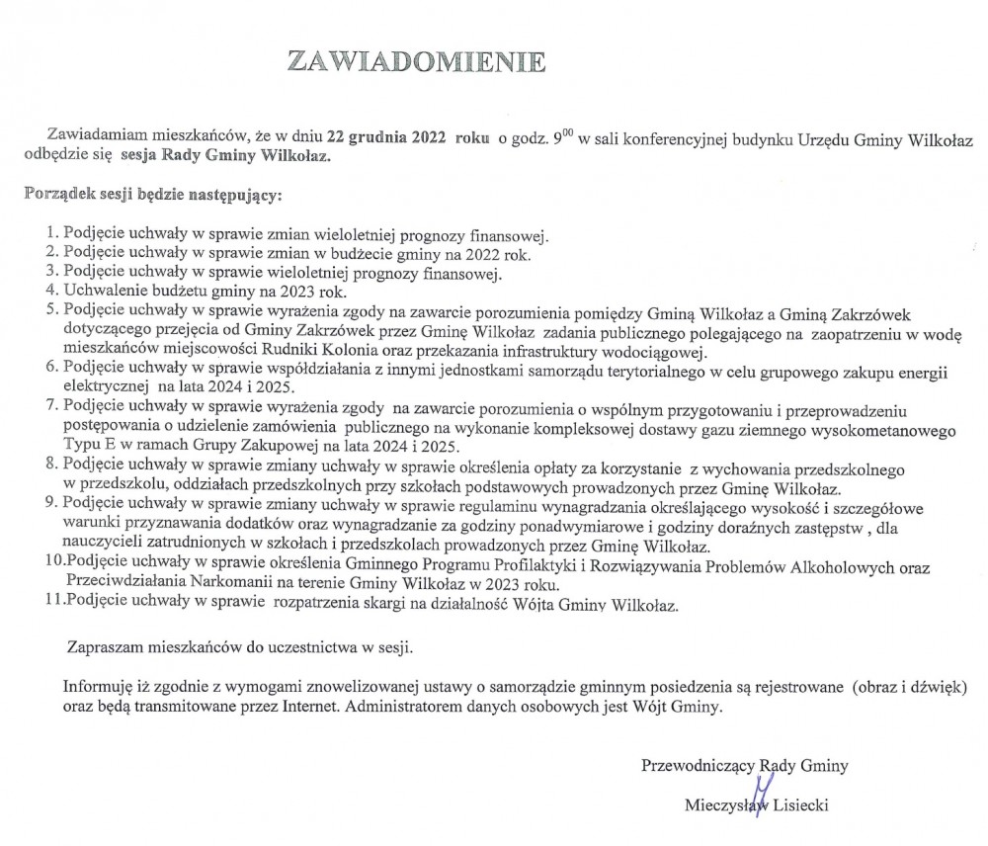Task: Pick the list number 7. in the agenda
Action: [x=54, y=407]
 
